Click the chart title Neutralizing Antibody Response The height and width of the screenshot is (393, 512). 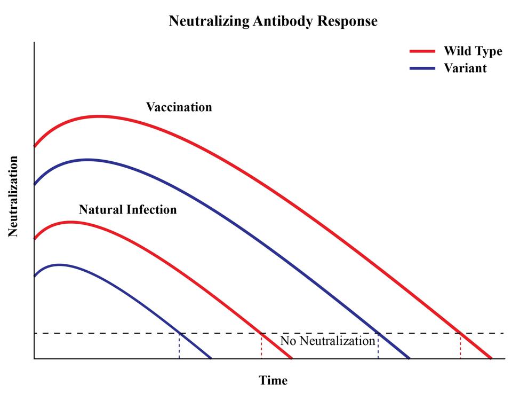pyautogui.click(x=273, y=21)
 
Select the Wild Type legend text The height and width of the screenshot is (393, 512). pyautogui.click(x=473, y=51)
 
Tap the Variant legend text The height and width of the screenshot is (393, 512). pyautogui.click(x=465, y=68)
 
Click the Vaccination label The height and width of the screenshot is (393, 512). pyautogui.click(x=179, y=107)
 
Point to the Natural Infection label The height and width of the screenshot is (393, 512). pyautogui.click(x=127, y=209)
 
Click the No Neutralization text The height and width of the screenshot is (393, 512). pyautogui.click(x=327, y=341)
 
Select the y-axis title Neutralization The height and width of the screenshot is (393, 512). pyautogui.click(x=13, y=196)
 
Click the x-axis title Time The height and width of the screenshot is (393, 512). pyautogui.click(x=273, y=380)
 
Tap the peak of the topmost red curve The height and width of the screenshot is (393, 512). pyautogui.click(x=98, y=116)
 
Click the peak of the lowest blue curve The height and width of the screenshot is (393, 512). pyautogui.click(x=59, y=264)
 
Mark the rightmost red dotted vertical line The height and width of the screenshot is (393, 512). pyautogui.click(x=461, y=346)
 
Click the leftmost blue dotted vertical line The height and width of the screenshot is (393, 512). pyautogui.click(x=179, y=346)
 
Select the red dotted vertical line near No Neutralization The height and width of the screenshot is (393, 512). pyautogui.click(x=261, y=346)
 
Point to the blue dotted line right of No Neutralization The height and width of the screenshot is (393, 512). pyautogui.click(x=378, y=346)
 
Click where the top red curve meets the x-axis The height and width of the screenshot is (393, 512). pyautogui.click(x=491, y=358)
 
